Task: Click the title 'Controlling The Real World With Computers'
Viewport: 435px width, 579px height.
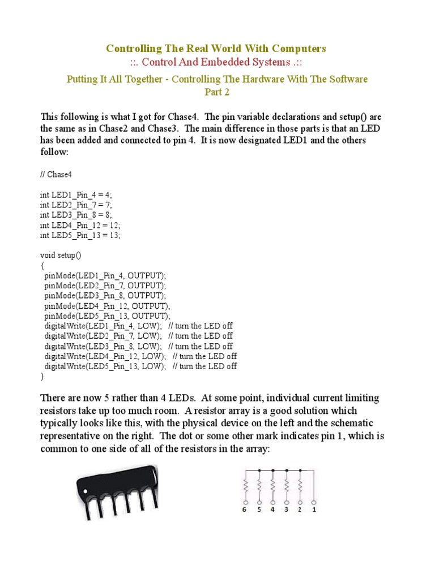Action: coord(216,49)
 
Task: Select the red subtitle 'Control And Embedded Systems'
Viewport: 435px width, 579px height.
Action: coord(216,62)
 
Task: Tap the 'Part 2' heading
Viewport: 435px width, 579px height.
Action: coord(216,91)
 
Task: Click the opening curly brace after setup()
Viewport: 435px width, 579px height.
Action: coord(42,265)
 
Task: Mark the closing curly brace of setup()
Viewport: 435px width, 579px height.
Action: coord(42,376)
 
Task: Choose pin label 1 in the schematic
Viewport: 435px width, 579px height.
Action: coord(314,509)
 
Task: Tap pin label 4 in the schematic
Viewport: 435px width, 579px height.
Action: coord(273,509)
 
